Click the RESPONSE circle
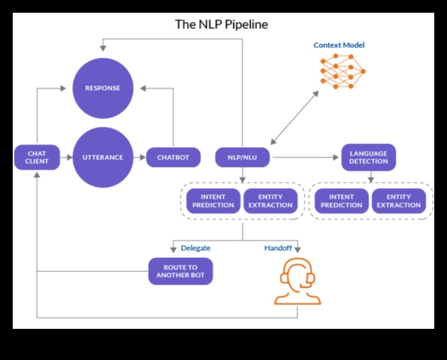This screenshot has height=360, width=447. [x=104, y=88]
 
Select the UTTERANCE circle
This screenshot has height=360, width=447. [x=104, y=157]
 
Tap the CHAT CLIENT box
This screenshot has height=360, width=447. [x=37, y=157]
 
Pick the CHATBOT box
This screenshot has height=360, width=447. [x=173, y=157]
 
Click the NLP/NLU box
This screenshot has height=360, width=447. [x=242, y=157]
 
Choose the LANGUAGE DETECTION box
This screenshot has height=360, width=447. [x=368, y=157]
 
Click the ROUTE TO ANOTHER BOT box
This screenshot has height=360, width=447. [x=180, y=271]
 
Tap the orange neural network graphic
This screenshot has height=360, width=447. [x=342, y=71]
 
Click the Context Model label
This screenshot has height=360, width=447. [x=339, y=45]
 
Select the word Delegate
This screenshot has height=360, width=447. [x=195, y=248]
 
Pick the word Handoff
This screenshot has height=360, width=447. [x=278, y=248]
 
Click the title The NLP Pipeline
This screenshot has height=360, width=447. [x=222, y=25]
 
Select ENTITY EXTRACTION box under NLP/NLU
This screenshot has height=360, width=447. [x=271, y=201]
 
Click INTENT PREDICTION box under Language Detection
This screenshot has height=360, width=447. [x=341, y=201]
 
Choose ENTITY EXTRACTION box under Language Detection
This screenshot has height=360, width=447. [x=399, y=201]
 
